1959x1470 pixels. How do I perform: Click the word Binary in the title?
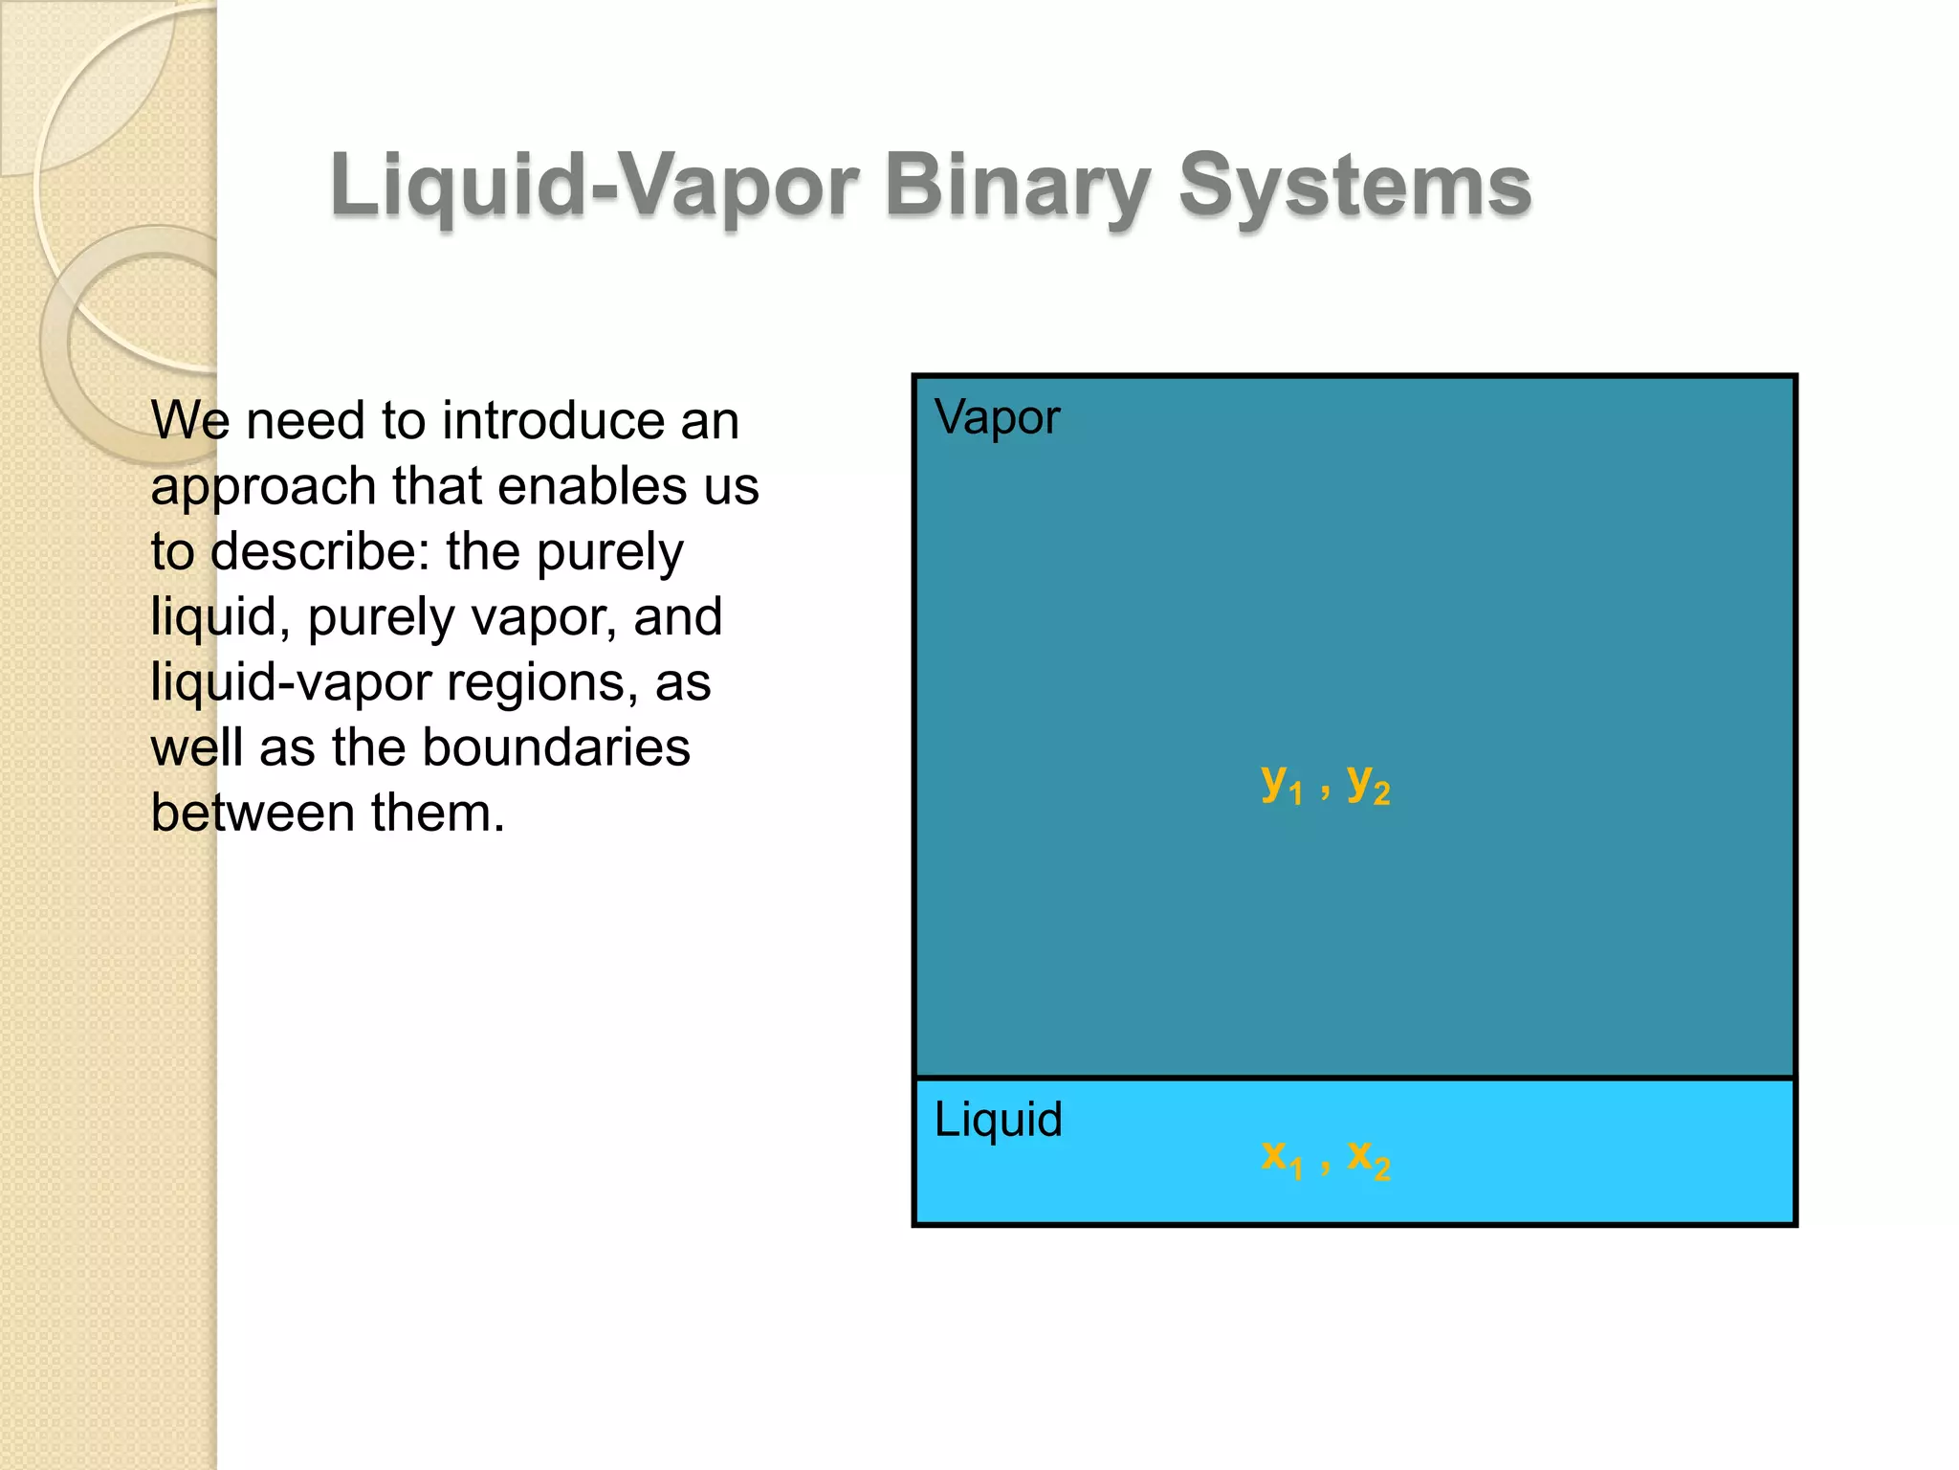coord(1016,186)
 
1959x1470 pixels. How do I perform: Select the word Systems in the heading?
coord(1354,186)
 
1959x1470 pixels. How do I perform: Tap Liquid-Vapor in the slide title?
coord(594,186)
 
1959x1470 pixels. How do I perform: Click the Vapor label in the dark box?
coord(997,418)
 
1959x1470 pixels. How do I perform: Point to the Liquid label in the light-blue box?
coord(998,1120)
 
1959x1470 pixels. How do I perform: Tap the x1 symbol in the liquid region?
coord(1281,1159)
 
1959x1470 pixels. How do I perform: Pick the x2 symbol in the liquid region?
coord(1368,1159)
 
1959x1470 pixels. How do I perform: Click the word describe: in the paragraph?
coord(320,552)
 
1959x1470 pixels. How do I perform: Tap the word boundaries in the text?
coord(556,747)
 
